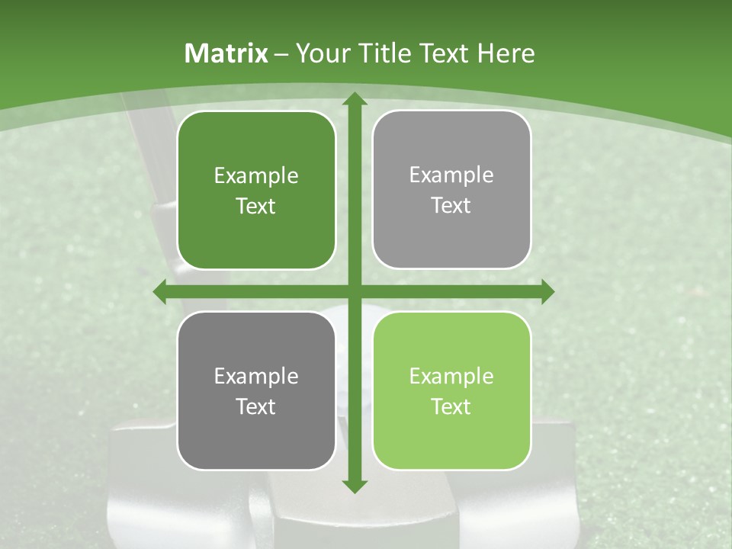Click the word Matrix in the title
click(226, 53)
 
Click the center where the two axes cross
click(354, 291)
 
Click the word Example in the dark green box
click(256, 176)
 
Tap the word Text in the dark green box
click(256, 207)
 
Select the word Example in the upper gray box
click(451, 175)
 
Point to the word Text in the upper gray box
click(451, 206)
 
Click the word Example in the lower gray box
click(256, 377)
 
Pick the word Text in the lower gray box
click(256, 407)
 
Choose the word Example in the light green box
click(451, 377)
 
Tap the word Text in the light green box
click(451, 407)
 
